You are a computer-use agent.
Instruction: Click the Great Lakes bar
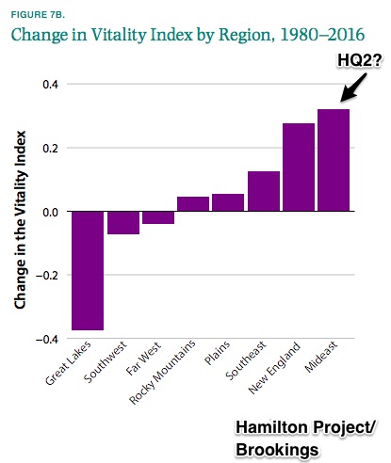pos(88,270)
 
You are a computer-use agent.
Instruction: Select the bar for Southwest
pos(123,223)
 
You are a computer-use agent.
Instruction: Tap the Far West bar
pos(158,217)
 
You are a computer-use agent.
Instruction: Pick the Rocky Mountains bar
pos(193,204)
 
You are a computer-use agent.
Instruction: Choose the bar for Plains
pos(228,202)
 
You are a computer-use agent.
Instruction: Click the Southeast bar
pos(264,191)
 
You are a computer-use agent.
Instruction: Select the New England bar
pos(299,168)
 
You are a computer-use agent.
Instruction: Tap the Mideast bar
pos(334,160)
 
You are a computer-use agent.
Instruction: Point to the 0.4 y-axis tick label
pos(51,85)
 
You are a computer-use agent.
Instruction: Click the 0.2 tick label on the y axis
pos(51,148)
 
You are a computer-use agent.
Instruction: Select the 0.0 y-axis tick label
pos(51,212)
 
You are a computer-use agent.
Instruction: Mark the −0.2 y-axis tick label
pos(47,276)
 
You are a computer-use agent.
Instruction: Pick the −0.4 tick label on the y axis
pos(47,340)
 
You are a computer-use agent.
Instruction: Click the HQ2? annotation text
pos(360,60)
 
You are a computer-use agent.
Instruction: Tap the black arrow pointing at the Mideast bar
pos(353,88)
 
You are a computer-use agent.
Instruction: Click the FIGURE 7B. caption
pos(38,15)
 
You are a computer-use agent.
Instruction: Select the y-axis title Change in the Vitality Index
pos(20,219)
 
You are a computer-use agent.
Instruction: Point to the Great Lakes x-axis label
pos(68,363)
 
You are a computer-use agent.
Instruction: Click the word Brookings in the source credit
pos(277,450)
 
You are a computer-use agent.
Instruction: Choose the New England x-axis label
pos(274,367)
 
